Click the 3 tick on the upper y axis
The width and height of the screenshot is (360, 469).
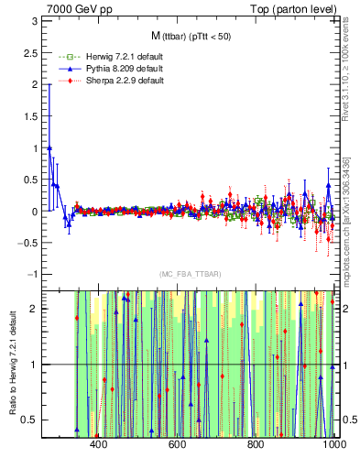tap(34, 21)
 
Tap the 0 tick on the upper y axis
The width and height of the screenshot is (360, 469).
tap(34, 212)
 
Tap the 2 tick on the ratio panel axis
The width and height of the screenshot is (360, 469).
tap(34, 309)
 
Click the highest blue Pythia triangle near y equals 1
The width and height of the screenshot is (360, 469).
tap(49, 147)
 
